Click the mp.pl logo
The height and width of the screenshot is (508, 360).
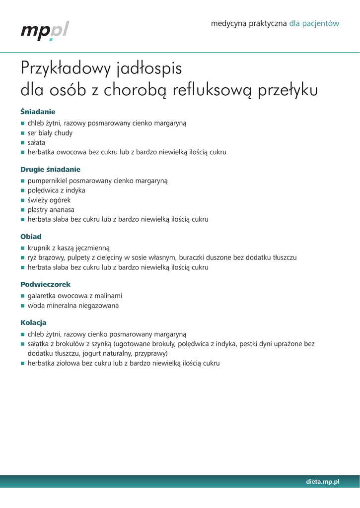tap(45, 31)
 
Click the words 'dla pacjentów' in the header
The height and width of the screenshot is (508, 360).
tap(314, 23)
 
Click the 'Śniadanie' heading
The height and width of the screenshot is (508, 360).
tap(38, 112)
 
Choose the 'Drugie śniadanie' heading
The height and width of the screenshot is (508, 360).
tap(50, 169)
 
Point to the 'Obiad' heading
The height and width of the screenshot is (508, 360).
tap(31, 237)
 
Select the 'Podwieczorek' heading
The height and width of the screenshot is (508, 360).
tap(45, 284)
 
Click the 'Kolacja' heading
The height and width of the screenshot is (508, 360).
tap(33, 322)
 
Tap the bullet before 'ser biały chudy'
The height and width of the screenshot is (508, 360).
tap(22, 133)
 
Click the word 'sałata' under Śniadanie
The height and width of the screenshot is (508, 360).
tap(36, 143)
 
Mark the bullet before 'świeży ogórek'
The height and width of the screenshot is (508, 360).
tap(22, 200)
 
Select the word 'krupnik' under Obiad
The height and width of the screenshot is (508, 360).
tap(40, 248)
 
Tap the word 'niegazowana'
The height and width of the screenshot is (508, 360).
tap(98, 306)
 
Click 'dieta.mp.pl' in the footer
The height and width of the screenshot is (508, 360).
tap(323, 482)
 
